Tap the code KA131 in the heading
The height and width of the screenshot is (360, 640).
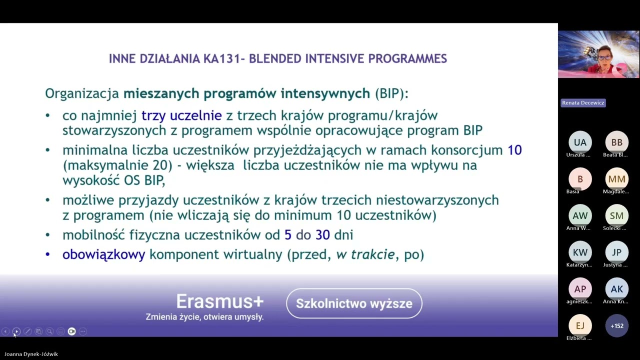pos(221,58)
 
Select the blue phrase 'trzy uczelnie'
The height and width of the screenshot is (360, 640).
pos(181,115)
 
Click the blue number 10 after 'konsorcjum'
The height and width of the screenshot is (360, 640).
pos(514,150)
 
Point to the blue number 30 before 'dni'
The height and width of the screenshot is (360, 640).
pos(322,234)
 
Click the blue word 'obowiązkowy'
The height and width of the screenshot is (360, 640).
pos(103,254)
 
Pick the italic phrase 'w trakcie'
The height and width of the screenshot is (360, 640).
pos(365,254)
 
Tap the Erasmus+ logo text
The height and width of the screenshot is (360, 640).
pos(219,301)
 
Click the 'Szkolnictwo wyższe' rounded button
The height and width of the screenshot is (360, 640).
pos(354,303)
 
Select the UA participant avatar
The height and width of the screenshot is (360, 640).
pos(580,142)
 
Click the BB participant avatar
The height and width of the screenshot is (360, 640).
pos(616,142)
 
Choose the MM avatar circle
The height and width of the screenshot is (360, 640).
pos(616,179)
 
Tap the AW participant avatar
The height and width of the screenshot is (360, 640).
pos(580,215)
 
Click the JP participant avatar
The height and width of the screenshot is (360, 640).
pos(616,252)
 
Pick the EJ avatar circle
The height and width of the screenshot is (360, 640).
pos(580,325)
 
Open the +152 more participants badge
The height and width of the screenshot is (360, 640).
pos(616,325)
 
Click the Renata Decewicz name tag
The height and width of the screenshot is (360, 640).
pos(583,102)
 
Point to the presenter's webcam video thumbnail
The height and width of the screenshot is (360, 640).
pos(598,54)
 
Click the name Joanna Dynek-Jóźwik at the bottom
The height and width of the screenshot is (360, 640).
pos(31,354)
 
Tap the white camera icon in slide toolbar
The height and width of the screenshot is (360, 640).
pos(71,331)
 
